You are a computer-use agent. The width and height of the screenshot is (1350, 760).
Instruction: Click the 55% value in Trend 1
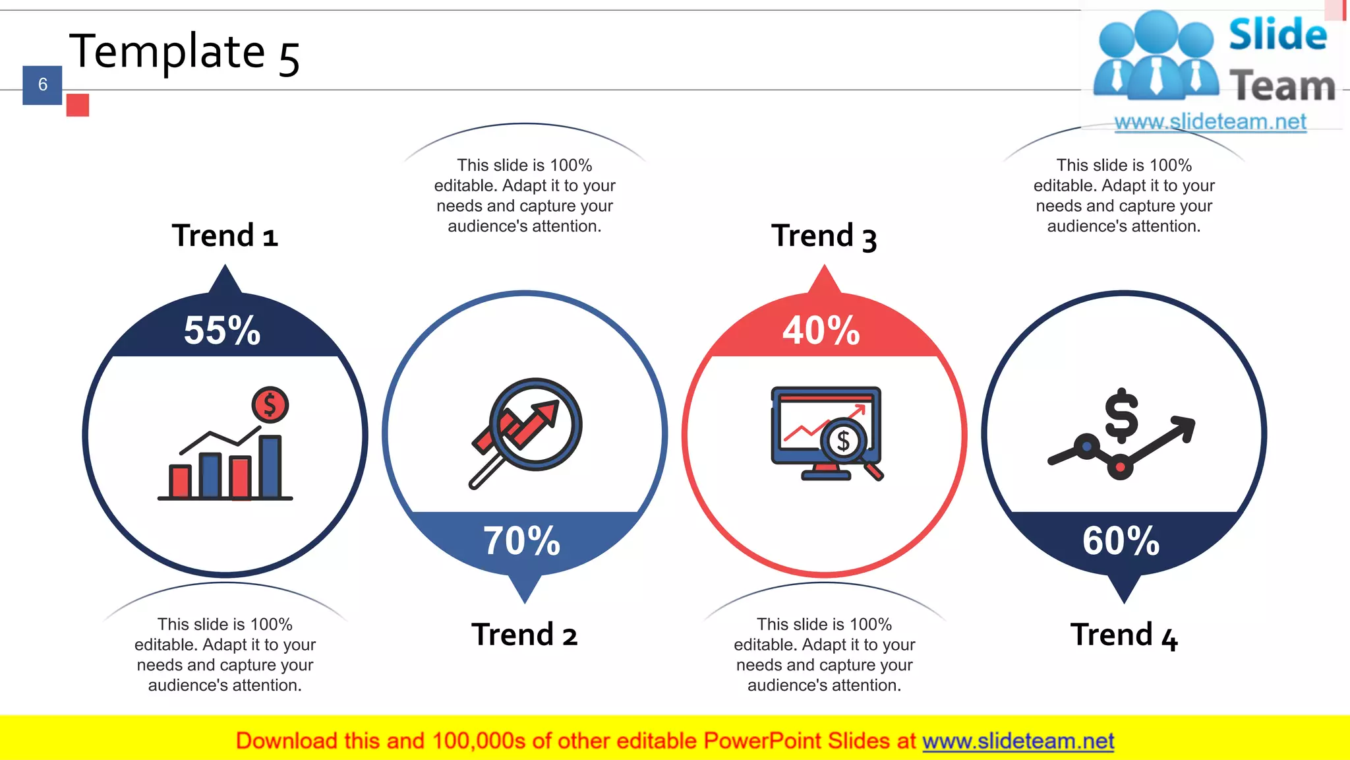click(222, 330)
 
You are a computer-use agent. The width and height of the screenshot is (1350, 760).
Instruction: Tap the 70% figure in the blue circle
click(521, 541)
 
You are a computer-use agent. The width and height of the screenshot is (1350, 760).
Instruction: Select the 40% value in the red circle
click(821, 330)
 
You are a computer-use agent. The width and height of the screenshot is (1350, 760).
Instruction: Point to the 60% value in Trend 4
click(1121, 541)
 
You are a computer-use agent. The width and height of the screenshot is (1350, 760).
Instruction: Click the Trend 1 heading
click(225, 236)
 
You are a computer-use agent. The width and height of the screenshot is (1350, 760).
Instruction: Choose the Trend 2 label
click(524, 635)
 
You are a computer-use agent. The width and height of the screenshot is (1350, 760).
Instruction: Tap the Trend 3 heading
click(824, 236)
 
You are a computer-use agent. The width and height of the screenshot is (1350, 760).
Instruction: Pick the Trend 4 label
click(1123, 635)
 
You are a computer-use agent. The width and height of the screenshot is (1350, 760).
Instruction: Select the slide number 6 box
click(42, 85)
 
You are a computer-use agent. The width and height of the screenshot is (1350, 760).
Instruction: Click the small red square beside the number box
click(78, 105)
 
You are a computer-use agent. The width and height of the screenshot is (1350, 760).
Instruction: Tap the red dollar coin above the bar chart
click(270, 404)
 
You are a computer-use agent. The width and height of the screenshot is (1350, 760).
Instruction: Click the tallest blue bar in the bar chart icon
click(270, 466)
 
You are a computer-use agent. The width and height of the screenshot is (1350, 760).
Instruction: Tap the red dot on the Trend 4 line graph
click(1120, 468)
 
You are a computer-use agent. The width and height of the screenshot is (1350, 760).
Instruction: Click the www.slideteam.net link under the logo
click(1210, 122)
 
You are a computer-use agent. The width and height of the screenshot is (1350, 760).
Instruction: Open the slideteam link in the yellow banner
click(1018, 741)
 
